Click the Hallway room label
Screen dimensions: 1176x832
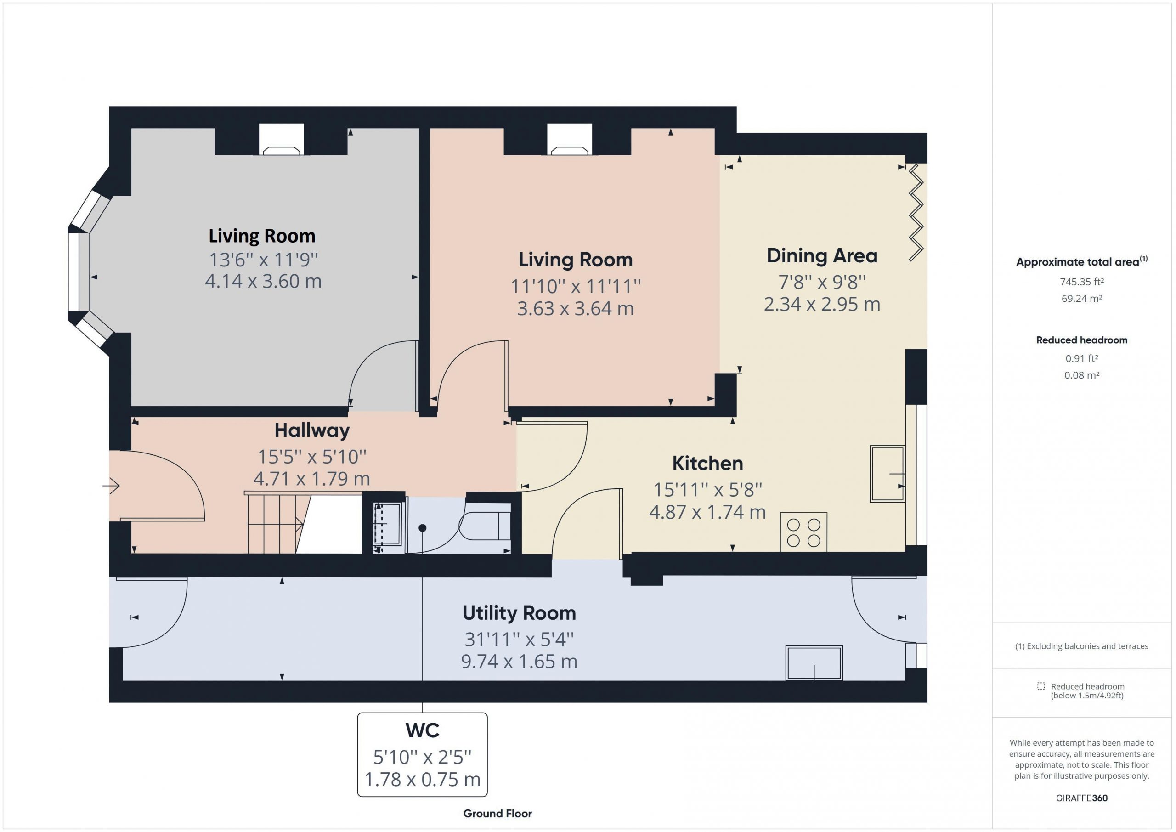(x=312, y=430)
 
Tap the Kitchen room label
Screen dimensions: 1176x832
(x=707, y=463)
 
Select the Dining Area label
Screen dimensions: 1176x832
(x=821, y=255)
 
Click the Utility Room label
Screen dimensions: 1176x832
(x=519, y=613)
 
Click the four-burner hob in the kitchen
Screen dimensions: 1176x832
(x=803, y=532)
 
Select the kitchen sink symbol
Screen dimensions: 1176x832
(x=888, y=473)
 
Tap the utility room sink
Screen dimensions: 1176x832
(x=814, y=663)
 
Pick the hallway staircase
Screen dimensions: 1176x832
(x=277, y=522)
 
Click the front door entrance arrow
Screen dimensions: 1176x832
(x=111, y=485)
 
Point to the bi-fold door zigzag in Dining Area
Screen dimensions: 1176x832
(x=916, y=213)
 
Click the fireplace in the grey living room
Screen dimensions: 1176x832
(x=281, y=139)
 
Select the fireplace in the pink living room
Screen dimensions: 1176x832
(x=570, y=139)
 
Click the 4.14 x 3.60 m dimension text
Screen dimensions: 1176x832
(x=263, y=281)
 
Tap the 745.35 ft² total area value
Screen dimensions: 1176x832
(x=1081, y=282)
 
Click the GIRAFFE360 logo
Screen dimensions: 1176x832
(x=1081, y=798)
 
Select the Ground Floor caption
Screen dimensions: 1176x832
(x=498, y=814)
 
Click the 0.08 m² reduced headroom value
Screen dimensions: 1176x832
(x=1081, y=375)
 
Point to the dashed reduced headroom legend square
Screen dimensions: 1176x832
(x=1041, y=686)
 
